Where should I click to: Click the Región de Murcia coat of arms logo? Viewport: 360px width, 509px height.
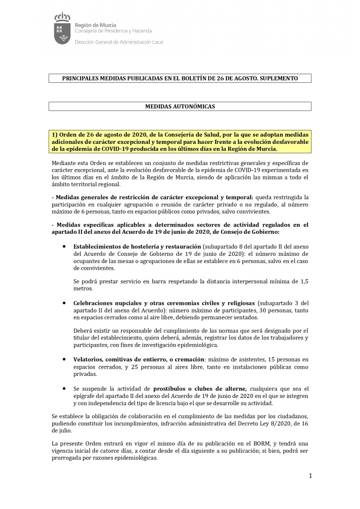click(x=62, y=29)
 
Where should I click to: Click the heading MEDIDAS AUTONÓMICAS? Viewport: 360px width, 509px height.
click(x=180, y=107)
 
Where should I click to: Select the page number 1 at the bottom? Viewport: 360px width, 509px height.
click(x=310, y=476)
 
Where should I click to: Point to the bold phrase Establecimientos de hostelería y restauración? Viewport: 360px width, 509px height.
click(x=137, y=247)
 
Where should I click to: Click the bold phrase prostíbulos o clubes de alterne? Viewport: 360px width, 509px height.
click(x=200, y=388)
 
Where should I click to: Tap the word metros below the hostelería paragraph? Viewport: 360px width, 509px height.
click(x=82, y=289)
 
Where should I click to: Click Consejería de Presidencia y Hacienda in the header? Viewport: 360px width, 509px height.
click(x=113, y=31)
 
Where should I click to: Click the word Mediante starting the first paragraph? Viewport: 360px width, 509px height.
click(x=63, y=162)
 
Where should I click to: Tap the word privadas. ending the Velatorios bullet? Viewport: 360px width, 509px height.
click(x=85, y=374)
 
